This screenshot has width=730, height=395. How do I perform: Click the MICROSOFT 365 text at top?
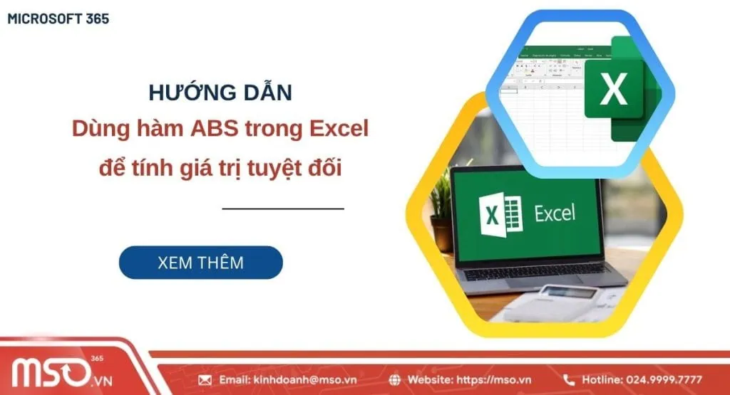click(x=58, y=19)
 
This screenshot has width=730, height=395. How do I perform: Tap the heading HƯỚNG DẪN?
click(x=220, y=93)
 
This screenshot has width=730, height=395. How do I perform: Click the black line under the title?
click(x=283, y=209)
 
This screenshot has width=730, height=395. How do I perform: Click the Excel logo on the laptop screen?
click(x=503, y=214)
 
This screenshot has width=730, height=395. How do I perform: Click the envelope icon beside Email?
click(x=205, y=379)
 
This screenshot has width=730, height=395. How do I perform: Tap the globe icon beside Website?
click(x=396, y=379)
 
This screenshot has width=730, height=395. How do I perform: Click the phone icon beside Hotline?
click(x=569, y=379)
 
